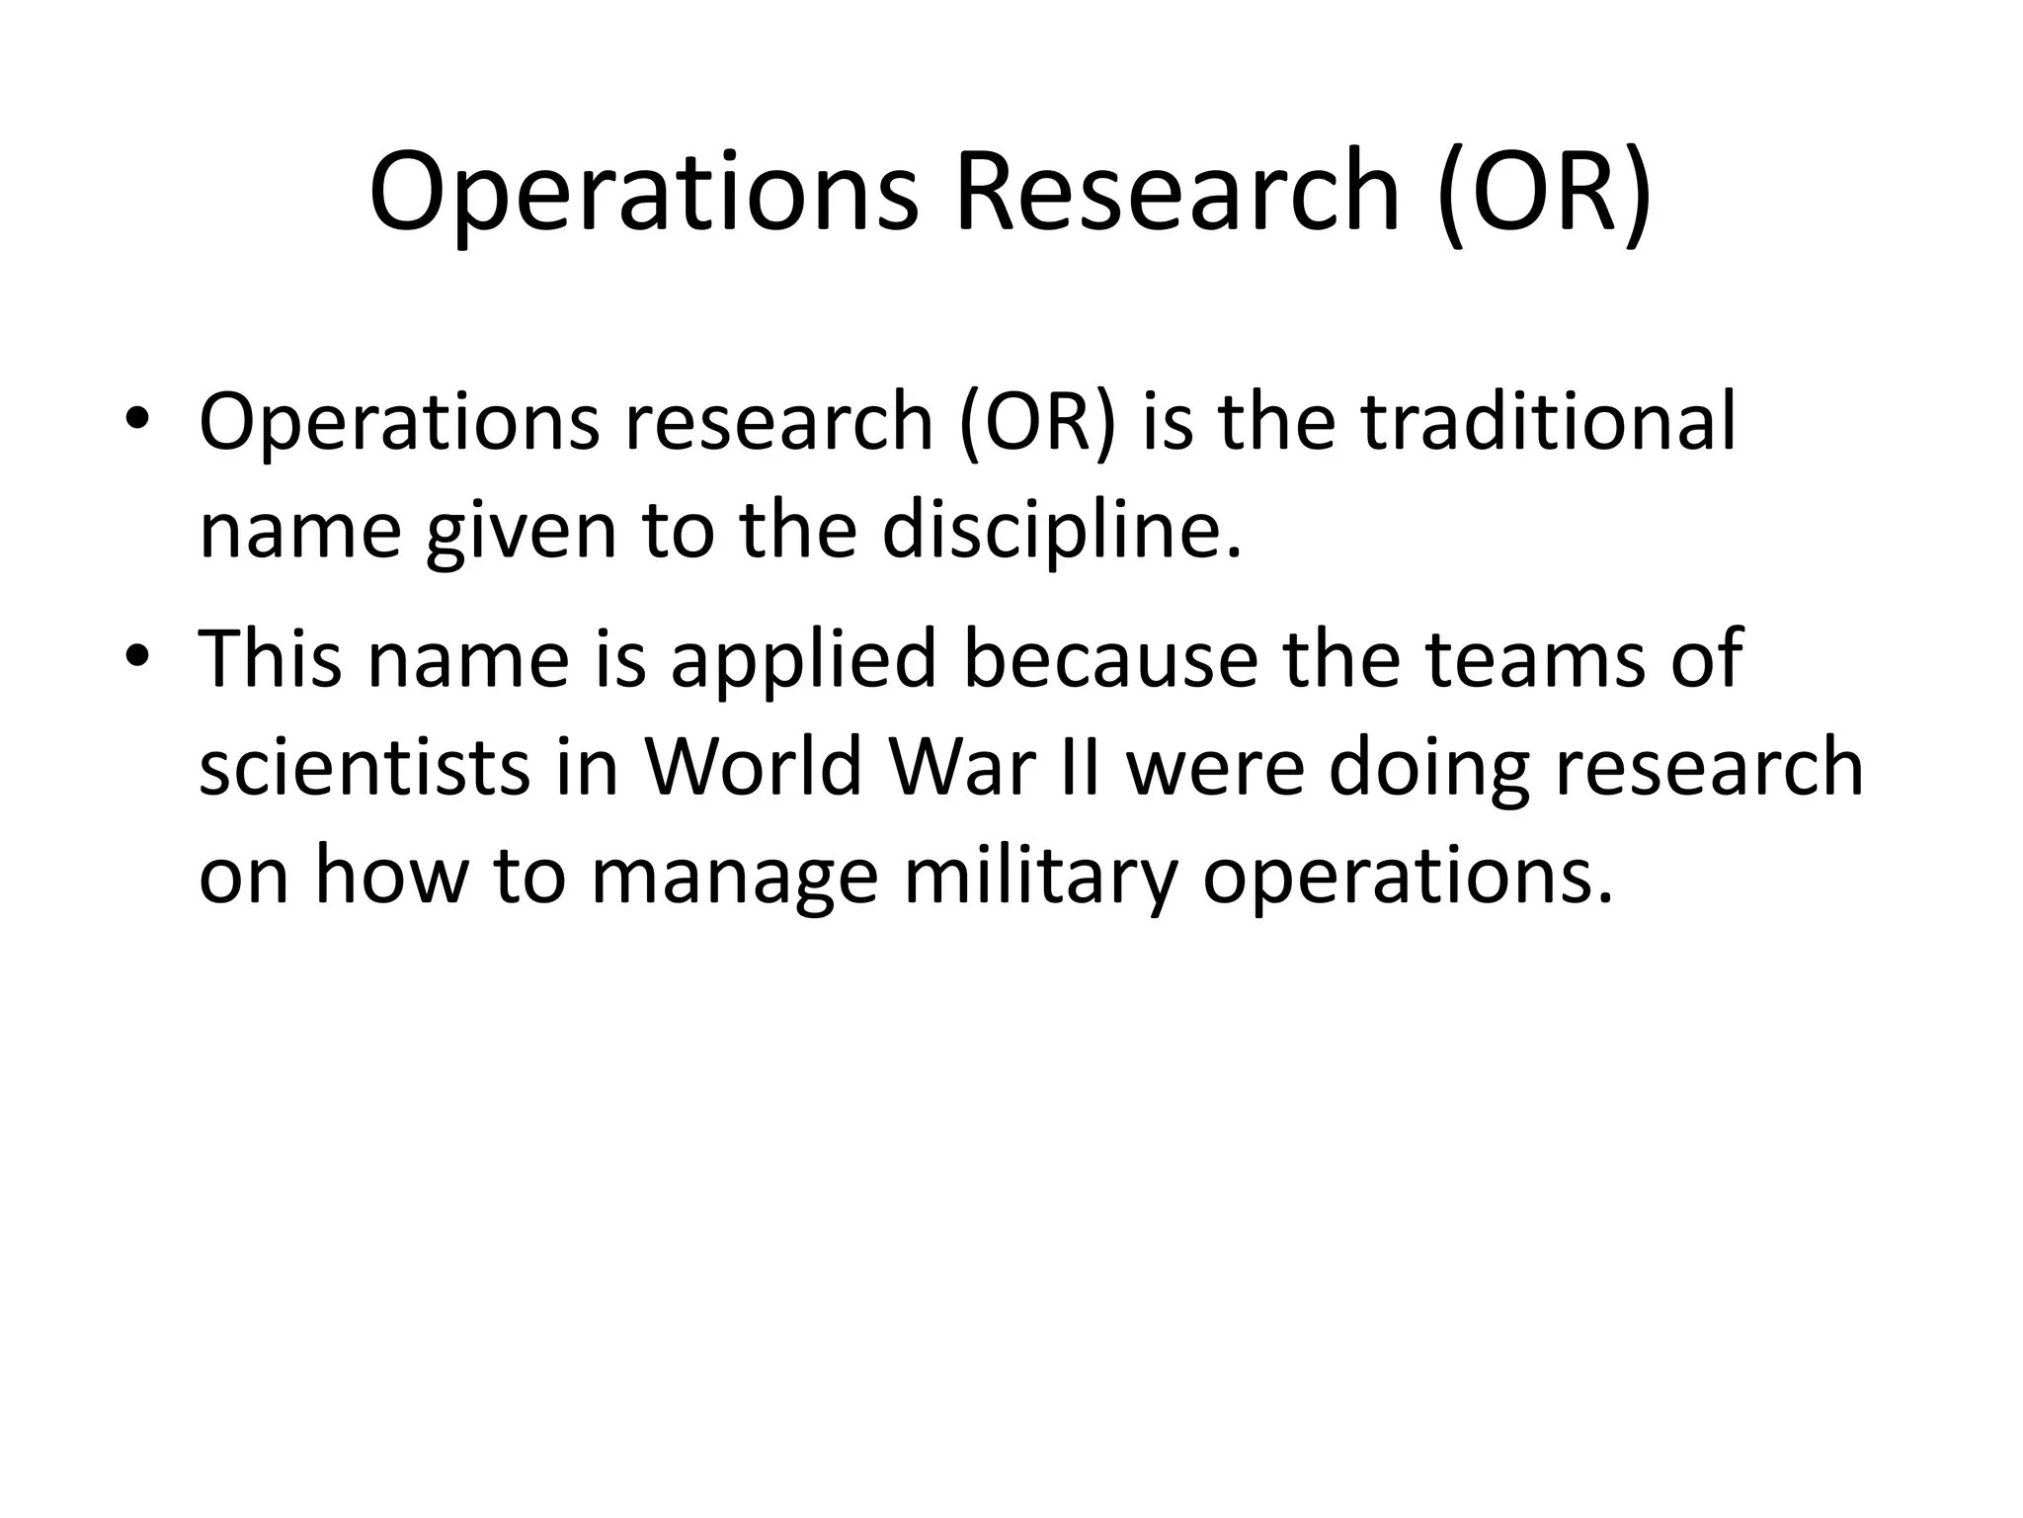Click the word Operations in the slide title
coord(643,193)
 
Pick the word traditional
coord(1548,422)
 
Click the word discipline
coord(1061,531)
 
